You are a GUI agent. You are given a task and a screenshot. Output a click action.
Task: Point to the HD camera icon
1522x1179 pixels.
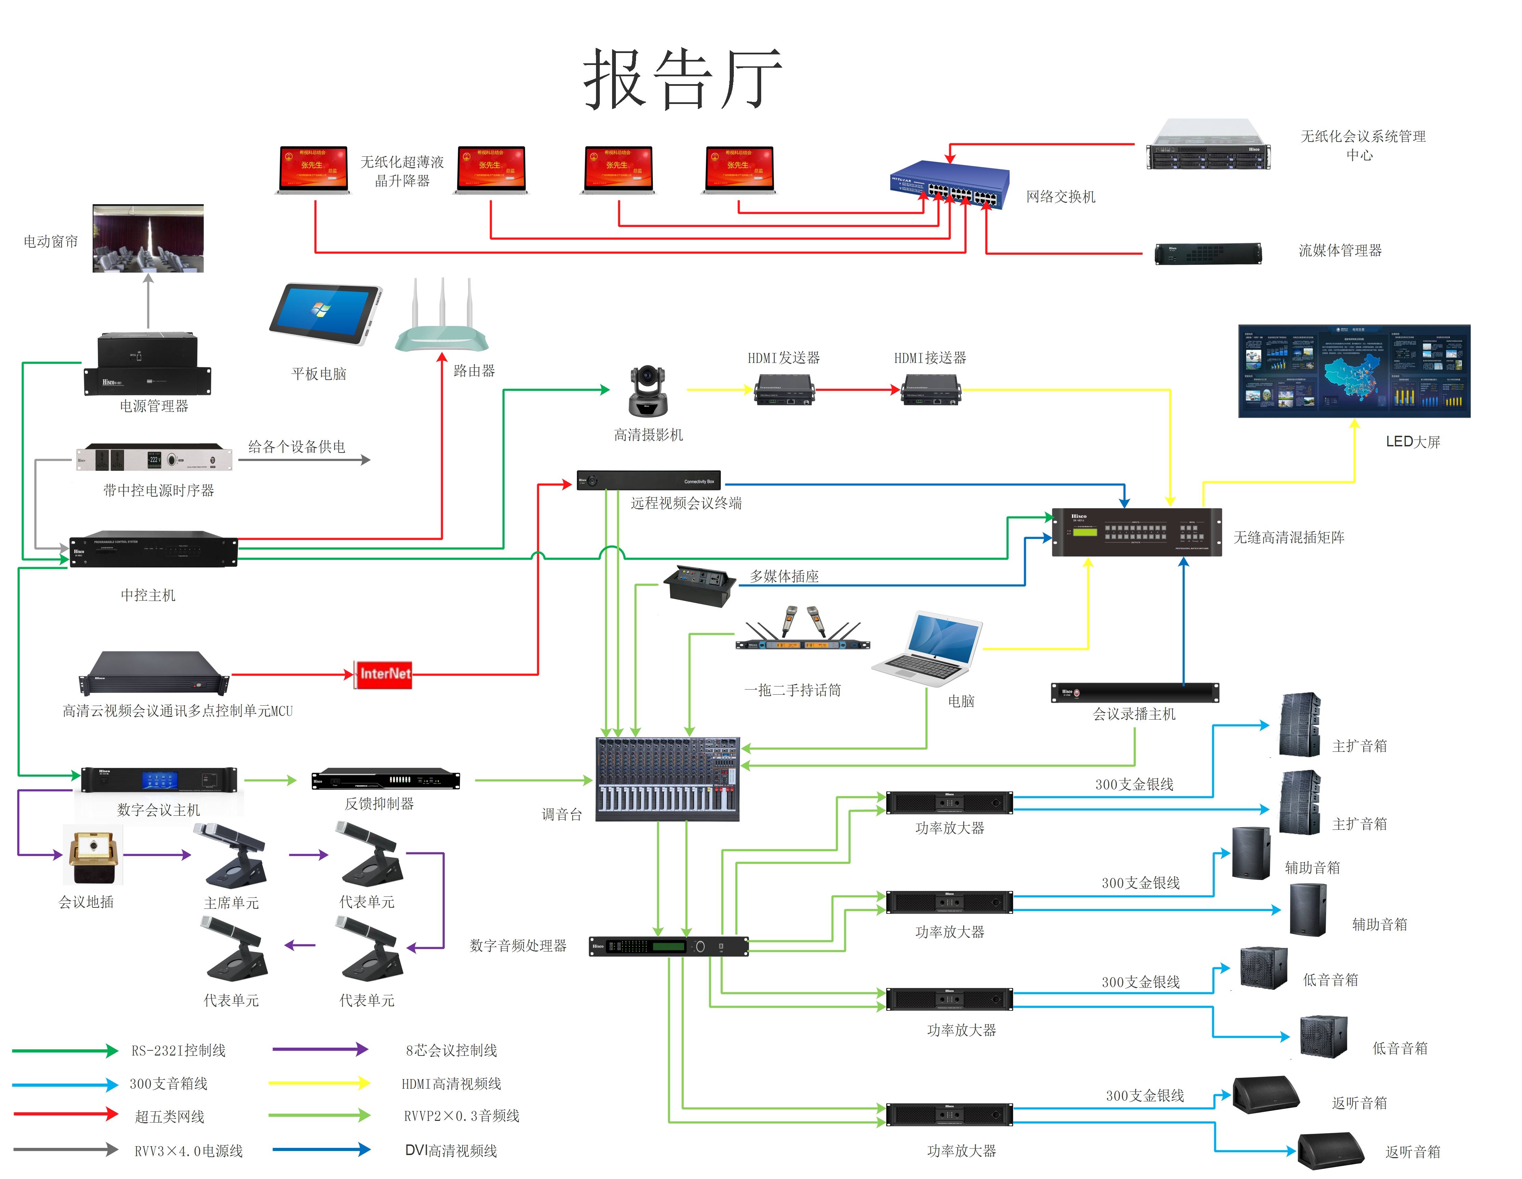pyautogui.click(x=648, y=391)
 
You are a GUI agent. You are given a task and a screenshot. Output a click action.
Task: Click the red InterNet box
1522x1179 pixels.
pyautogui.click(x=383, y=674)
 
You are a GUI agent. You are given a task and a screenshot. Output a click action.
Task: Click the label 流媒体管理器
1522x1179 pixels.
pyautogui.click(x=1339, y=250)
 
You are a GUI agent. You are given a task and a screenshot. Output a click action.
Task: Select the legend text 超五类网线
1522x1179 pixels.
pyautogui.click(x=169, y=1116)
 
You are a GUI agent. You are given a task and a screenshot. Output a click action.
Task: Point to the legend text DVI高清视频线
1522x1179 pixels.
pyautogui.click(x=451, y=1150)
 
